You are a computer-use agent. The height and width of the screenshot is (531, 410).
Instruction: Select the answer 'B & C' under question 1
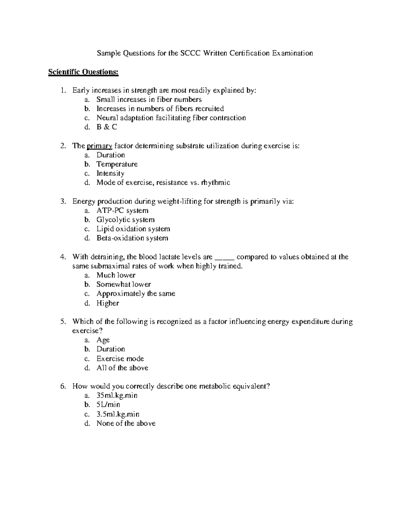[x=107, y=127]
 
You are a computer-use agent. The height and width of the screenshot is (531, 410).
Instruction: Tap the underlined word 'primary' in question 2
[x=99, y=146]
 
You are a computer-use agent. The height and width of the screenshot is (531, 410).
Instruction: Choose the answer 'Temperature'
[x=117, y=164]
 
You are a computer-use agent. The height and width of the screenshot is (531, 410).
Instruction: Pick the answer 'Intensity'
[x=110, y=173]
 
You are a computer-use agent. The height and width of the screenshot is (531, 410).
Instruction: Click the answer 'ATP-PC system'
[x=122, y=211]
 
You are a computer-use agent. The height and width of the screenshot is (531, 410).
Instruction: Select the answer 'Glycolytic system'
[x=125, y=220]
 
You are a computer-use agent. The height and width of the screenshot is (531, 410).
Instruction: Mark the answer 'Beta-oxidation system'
[x=132, y=238]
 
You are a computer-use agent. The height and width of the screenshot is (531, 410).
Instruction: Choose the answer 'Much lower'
[x=116, y=275]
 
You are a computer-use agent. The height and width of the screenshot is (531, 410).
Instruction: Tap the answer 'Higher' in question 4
[x=108, y=303]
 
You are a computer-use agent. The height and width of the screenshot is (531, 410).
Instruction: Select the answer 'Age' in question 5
[x=103, y=340]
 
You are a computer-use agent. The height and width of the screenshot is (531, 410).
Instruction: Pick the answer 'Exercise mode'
[x=120, y=359]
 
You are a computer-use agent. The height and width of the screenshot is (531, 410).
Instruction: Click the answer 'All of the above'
[x=122, y=368]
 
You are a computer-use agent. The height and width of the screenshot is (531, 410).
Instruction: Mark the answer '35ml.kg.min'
[x=117, y=396]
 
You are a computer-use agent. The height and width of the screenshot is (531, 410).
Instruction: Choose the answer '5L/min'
[x=108, y=405]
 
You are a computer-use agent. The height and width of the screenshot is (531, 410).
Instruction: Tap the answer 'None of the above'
[x=126, y=423]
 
